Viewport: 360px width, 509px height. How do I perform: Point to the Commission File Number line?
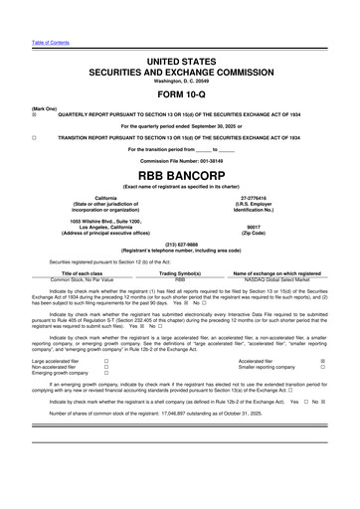point(180,159)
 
